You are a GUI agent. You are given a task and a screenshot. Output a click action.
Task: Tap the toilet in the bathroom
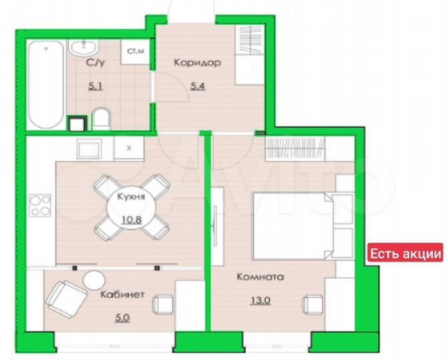click(101, 120)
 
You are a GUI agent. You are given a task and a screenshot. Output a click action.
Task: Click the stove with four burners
click(41, 205)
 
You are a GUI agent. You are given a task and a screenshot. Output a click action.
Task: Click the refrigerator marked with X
click(129, 149)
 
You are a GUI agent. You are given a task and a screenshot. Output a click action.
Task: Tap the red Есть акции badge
click(406, 253)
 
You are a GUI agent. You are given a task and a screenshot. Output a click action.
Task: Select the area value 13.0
click(263, 300)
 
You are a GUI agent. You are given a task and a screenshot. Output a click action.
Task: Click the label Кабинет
click(123, 295)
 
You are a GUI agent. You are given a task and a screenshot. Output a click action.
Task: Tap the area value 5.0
click(122, 317)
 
